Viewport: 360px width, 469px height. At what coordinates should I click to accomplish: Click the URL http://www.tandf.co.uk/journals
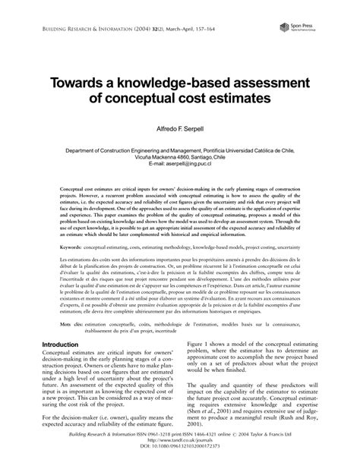click(180, 449)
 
